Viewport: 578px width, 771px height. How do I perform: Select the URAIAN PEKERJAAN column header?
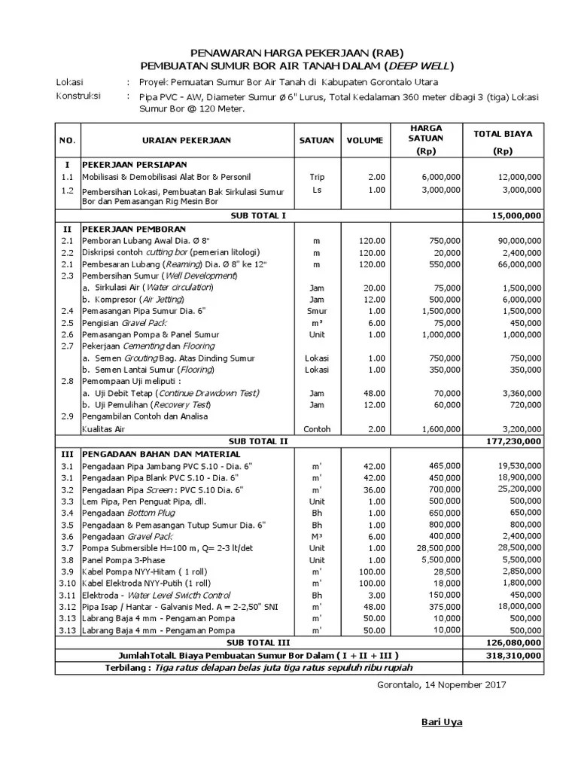pyautogui.click(x=187, y=140)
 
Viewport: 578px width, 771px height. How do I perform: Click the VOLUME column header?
pyautogui.click(x=365, y=140)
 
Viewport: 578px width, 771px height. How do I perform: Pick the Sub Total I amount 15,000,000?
pyautogui.click(x=516, y=215)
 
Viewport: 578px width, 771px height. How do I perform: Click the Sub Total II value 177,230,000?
pyautogui.click(x=513, y=442)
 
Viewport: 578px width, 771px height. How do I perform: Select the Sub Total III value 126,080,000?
pyautogui.click(x=513, y=643)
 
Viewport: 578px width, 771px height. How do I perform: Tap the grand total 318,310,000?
pyautogui.click(x=513, y=655)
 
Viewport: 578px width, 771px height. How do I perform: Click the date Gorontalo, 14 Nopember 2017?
pyautogui.click(x=440, y=684)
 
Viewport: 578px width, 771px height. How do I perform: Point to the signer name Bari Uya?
pyautogui.click(x=441, y=723)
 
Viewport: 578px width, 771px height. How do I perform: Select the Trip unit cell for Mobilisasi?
pyautogui.click(x=317, y=177)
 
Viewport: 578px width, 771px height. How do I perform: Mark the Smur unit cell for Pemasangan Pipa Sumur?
pyautogui.click(x=317, y=310)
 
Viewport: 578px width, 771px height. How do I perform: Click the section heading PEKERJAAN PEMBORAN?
pyautogui.click(x=135, y=227)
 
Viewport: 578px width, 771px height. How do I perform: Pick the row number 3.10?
pyautogui.click(x=67, y=583)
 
